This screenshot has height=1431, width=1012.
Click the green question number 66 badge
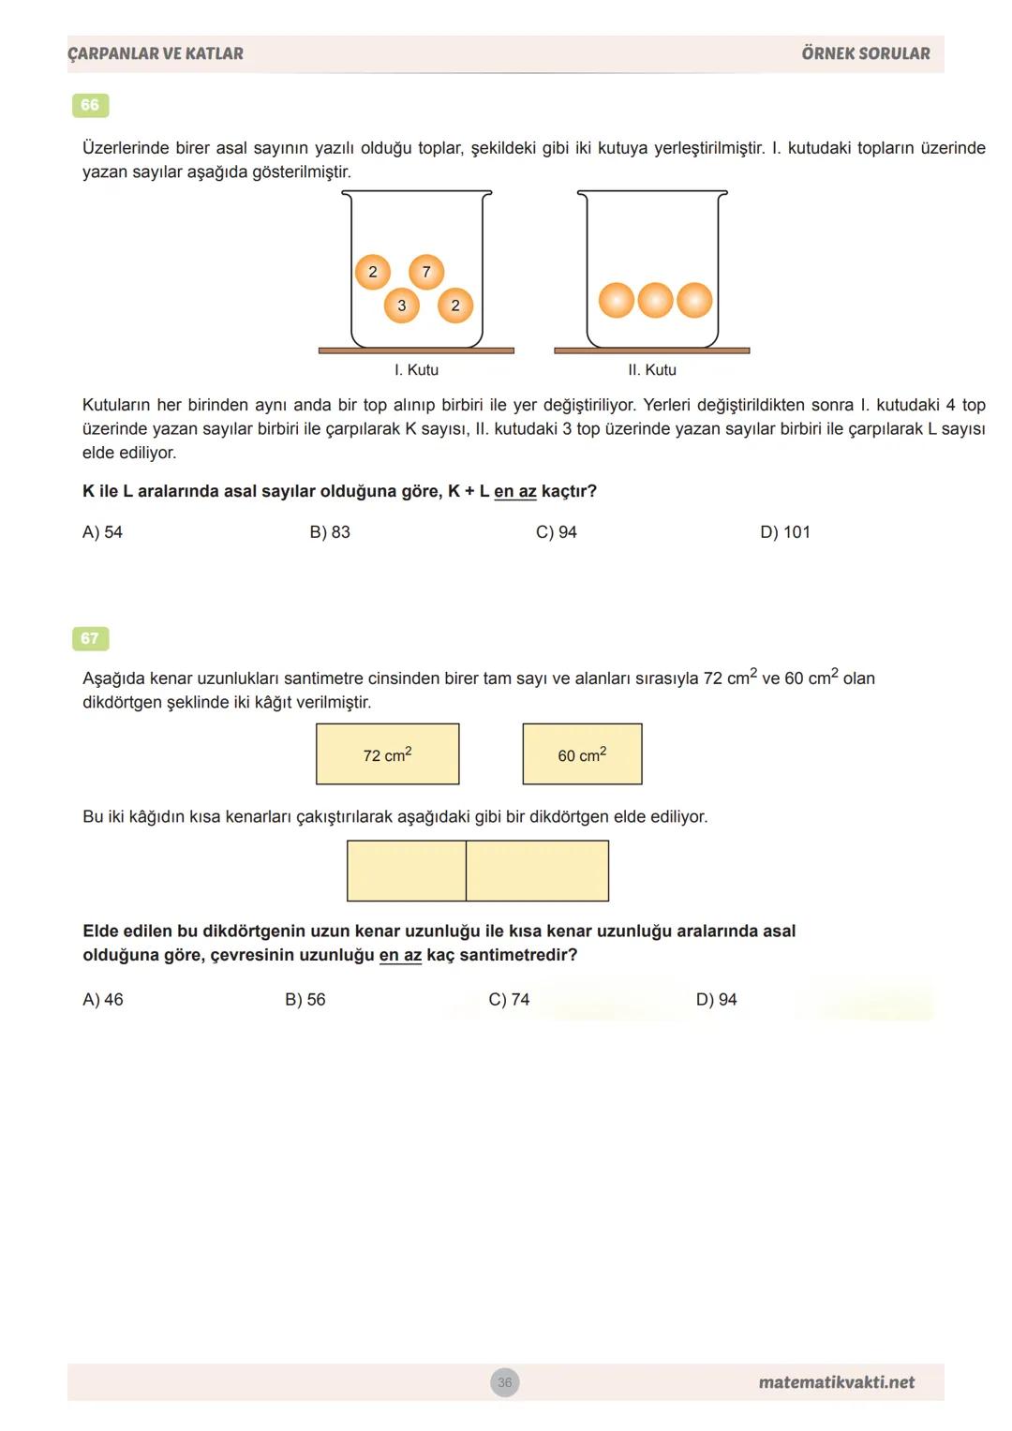[x=90, y=105]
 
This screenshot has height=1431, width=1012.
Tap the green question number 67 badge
[x=90, y=638]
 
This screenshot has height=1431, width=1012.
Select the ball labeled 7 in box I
[x=426, y=272]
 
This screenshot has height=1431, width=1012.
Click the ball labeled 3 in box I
[x=402, y=306]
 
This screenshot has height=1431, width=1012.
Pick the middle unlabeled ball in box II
[x=655, y=301]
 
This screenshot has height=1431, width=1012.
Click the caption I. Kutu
[x=416, y=370]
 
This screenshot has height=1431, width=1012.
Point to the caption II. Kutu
[x=652, y=370]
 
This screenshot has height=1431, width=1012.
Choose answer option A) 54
[x=102, y=532]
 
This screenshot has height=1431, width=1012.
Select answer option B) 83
[x=330, y=532]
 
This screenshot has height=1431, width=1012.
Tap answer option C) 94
[x=557, y=532]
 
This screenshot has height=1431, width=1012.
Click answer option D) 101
[x=785, y=532]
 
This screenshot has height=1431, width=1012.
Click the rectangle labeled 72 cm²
[x=387, y=754]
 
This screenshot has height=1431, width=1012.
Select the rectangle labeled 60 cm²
[x=582, y=754]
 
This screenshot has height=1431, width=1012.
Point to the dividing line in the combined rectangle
[x=466, y=871]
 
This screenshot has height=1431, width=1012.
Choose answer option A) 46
[x=103, y=1000]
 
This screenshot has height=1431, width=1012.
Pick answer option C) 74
[x=509, y=1000]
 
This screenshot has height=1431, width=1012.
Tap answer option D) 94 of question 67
[x=716, y=1000]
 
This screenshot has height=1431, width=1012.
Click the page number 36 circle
[x=505, y=1382]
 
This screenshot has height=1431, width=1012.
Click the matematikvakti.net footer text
[x=836, y=1382]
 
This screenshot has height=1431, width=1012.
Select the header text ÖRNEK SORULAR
[x=866, y=53]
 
